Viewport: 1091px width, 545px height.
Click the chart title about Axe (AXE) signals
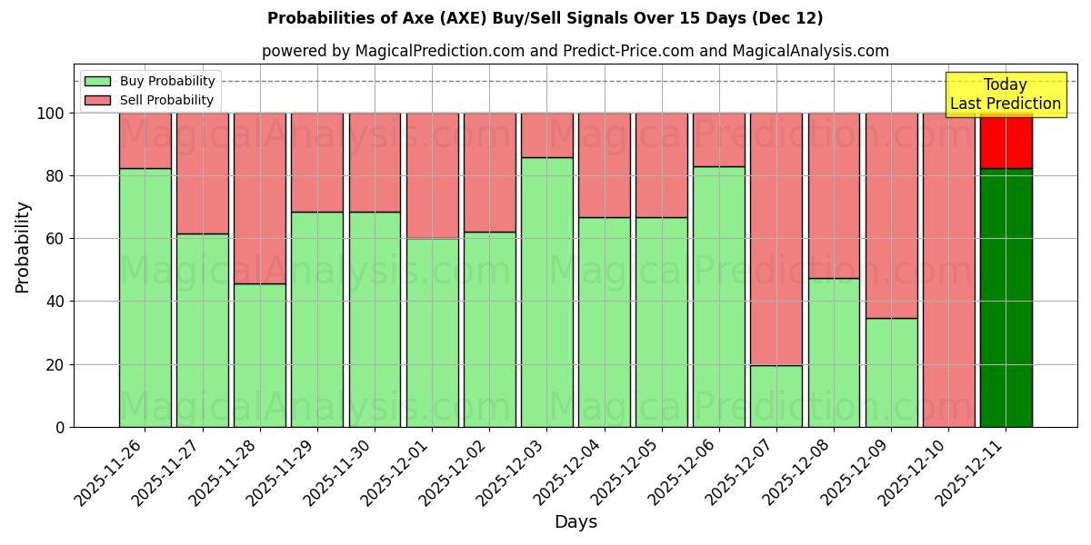click(x=545, y=18)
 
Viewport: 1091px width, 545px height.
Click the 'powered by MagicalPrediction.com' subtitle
click(x=575, y=51)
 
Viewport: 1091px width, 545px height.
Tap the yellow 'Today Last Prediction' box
click(x=1006, y=94)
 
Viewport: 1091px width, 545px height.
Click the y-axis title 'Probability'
click(x=23, y=246)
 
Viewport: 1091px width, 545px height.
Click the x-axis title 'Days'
click(x=575, y=521)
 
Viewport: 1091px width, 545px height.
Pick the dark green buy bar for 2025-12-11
click(x=1006, y=297)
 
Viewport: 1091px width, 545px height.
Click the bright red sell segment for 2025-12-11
click(x=1006, y=141)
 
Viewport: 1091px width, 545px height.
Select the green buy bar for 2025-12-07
click(x=776, y=396)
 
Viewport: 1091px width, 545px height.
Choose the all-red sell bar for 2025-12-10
click(x=948, y=270)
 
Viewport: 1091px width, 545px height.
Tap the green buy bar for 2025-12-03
click(x=546, y=292)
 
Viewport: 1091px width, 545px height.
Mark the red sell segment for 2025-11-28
click(x=260, y=198)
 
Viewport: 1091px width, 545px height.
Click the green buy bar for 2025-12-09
click(x=891, y=372)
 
